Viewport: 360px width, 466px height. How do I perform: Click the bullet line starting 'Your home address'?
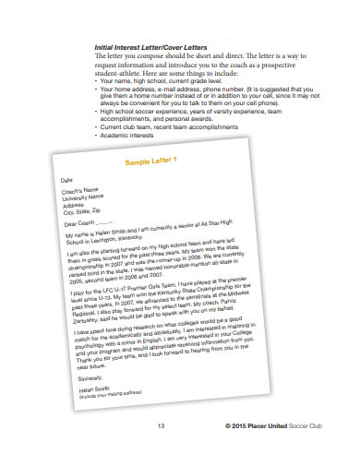(185, 88)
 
